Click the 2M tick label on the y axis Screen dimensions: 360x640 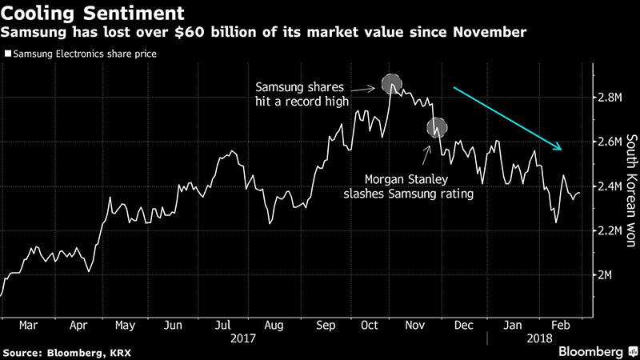(x=605, y=274)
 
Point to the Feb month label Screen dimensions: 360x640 (x=561, y=326)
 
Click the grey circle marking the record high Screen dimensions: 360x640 (x=391, y=83)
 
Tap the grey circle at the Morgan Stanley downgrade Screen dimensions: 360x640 (x=437, y=126)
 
